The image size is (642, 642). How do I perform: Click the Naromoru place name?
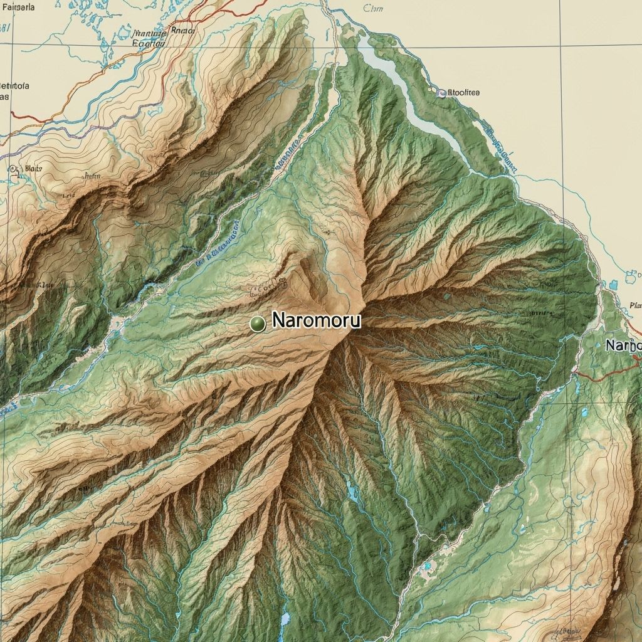pyautogui.click(x=317, y=321)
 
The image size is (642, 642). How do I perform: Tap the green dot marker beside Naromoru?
pyautogui.click(x=257, y=324)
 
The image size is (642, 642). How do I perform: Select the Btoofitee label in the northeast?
pyautogui.click(x=461, y=93)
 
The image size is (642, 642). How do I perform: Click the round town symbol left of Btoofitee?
pyautogui.click(x=441, y=93)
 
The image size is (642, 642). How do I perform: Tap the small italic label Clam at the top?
pyautogui.click(x=372, y=8)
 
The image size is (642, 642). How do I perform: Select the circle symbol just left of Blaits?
pyautogui.click(x=13, y=169)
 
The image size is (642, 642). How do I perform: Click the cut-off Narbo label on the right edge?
pyautogui.click(x=623, y=345)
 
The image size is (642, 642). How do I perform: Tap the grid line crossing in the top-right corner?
pyautogui.click(x=562, y=48)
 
